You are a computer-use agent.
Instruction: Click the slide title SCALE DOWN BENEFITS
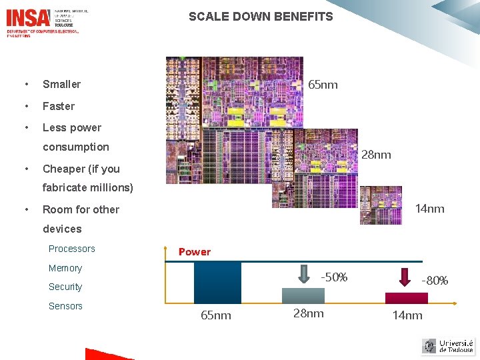(261, 17)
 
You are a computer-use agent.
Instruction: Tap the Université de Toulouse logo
(448, 346)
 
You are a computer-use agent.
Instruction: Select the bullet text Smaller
(61, 84)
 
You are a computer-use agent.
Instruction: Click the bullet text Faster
(59, 106)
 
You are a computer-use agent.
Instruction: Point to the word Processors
(72, 249)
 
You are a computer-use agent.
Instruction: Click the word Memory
(65, 268)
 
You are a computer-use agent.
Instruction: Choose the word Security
(65, 287)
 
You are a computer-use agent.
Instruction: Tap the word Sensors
(65, 306)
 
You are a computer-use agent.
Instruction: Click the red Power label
(194, 251)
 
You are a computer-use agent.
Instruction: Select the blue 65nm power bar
(217, 283)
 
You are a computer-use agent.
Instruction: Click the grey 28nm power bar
(303, 295)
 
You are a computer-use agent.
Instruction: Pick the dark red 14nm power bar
(407, 298)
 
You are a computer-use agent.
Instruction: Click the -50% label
(334, 277)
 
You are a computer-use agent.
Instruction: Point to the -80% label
(435, 281)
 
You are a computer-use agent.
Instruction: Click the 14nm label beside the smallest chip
(429, 209)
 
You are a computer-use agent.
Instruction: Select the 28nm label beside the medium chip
(376, 155)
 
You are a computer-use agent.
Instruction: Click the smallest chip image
(381, 205)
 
